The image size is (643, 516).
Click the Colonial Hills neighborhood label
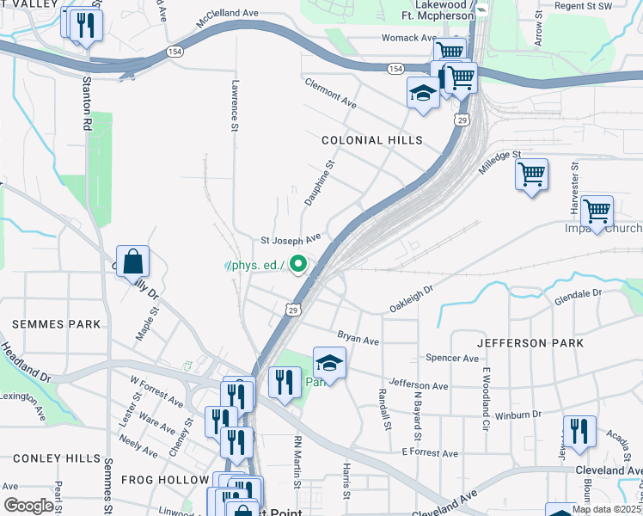(372, 139)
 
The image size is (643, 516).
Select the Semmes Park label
(56, 324)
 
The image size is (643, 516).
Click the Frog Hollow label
(165, 479)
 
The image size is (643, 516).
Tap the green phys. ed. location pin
(298, 264)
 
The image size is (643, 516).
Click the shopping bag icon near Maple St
(133, 261)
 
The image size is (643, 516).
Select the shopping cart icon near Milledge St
(531, 175)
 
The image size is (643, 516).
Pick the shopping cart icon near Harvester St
(596, 210)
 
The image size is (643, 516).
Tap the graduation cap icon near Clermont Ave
(422, 93)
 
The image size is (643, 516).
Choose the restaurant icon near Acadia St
(579, 433)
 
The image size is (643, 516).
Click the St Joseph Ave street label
(291, 237)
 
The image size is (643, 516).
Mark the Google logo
(28, 506)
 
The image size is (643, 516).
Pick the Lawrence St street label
(233, 107)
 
